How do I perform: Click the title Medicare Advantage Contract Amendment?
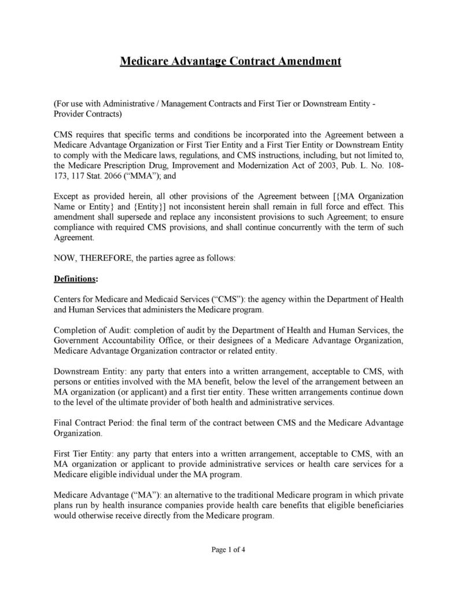230,61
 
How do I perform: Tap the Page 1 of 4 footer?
228,549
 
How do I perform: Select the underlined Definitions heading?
75,279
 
